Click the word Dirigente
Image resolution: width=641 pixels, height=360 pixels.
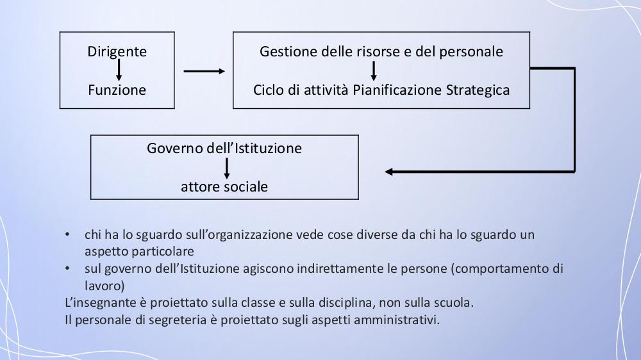117,52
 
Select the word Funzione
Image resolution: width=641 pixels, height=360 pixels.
117,90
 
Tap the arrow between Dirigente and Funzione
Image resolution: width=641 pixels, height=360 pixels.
119,70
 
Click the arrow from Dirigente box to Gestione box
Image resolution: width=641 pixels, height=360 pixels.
204,71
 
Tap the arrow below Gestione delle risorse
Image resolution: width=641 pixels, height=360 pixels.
373,70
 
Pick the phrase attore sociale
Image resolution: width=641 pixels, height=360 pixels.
224,187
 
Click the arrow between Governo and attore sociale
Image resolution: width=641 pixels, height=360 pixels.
227,168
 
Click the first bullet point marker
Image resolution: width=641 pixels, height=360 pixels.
67,235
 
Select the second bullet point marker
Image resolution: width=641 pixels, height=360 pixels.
67,269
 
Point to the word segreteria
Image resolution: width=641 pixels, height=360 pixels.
178,320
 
